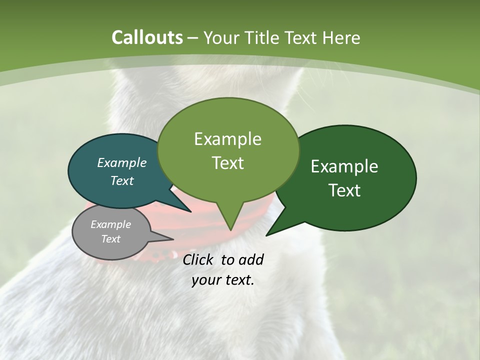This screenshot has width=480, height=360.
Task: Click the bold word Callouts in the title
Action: (147, 38)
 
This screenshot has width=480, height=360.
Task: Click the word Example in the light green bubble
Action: (227, 139)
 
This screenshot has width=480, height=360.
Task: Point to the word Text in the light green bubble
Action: (227, 163)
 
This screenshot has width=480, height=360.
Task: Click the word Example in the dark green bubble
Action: (344, 166)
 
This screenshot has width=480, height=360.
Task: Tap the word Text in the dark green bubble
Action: (344, 190)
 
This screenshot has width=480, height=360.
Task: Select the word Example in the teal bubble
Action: (121, 163)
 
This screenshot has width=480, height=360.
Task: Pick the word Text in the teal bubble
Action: (121, 180)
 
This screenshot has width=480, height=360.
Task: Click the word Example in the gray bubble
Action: (110, 224)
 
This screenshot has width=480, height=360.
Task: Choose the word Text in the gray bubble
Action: (110, 239)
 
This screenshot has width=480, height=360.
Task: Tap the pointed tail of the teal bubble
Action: (190, 211)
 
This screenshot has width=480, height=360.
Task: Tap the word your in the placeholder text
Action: (206, 280)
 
